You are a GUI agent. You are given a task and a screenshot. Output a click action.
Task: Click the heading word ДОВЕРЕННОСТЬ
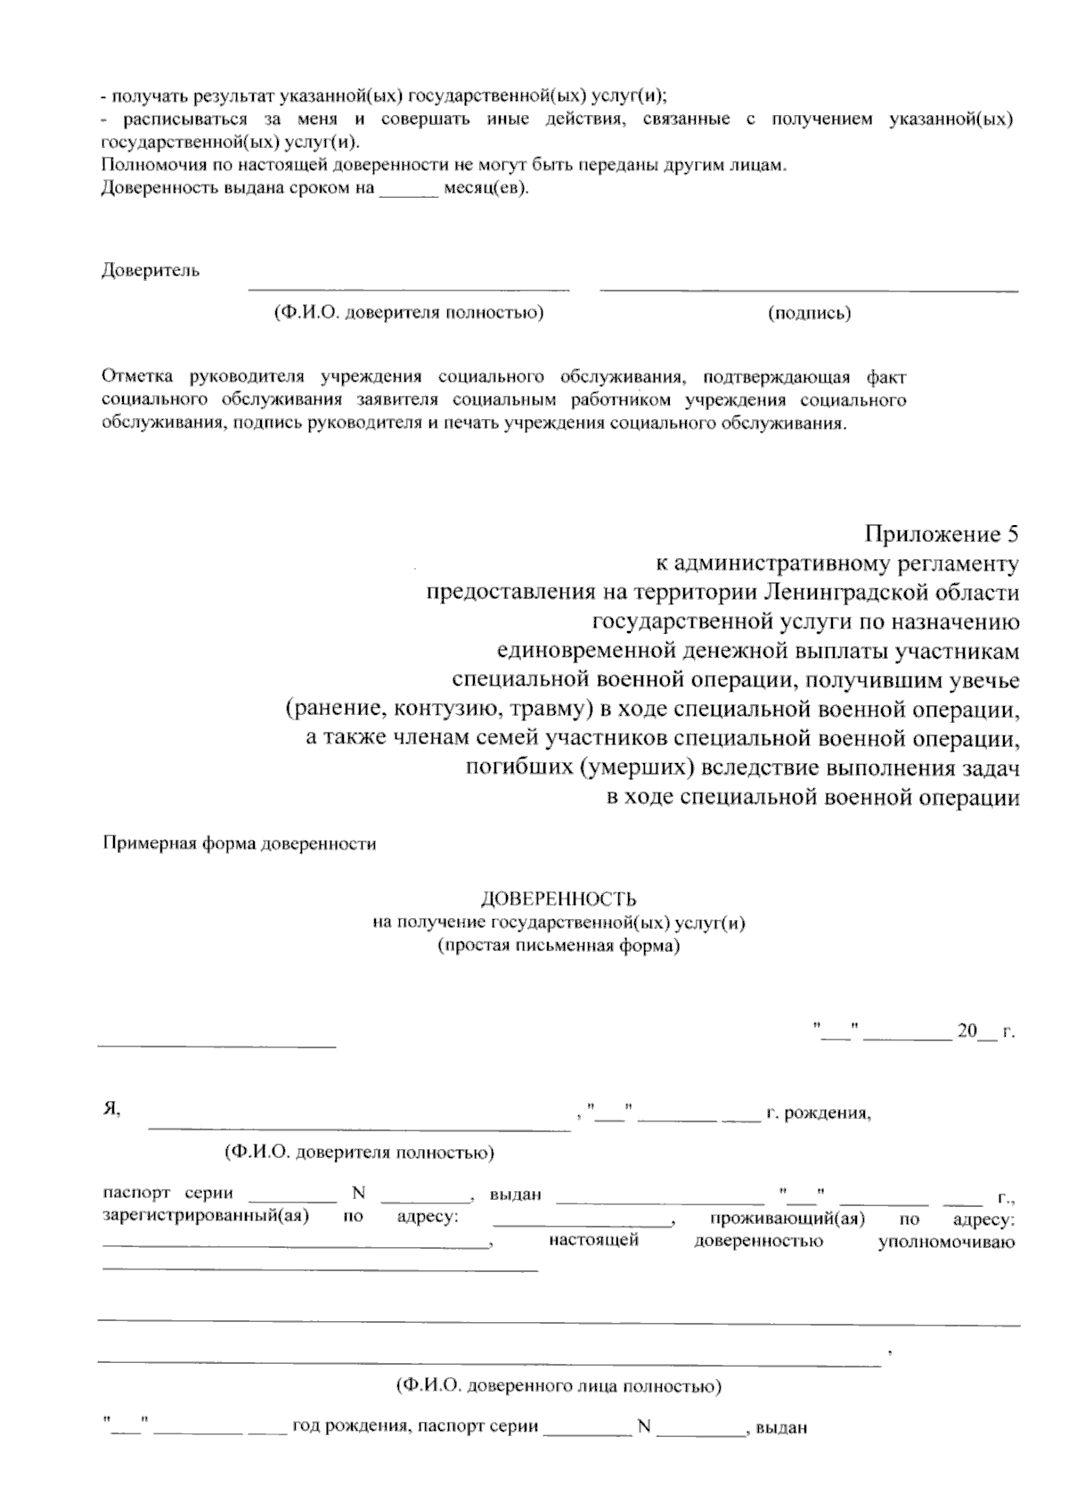click(x=559, y=899)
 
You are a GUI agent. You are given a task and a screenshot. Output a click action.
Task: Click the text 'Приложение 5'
click(x=941, y=534)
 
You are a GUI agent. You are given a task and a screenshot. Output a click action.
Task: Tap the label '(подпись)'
click(x=809, y=313)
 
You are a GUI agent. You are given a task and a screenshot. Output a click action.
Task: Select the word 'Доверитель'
click(x=151, y=270)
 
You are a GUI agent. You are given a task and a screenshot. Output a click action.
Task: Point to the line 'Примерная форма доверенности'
click(x=241, y=843)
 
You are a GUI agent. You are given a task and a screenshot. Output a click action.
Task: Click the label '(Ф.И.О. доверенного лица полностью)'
click(x=559, y=1387)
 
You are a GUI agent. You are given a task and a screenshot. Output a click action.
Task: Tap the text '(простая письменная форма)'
click(x=559, y=946)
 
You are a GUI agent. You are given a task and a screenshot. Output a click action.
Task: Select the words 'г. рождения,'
click(x=818, y=1113)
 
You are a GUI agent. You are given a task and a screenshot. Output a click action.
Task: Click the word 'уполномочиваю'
click(x=946, y=1242)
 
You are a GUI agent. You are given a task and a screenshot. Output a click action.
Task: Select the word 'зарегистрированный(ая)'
click(x=206, y=1217)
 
